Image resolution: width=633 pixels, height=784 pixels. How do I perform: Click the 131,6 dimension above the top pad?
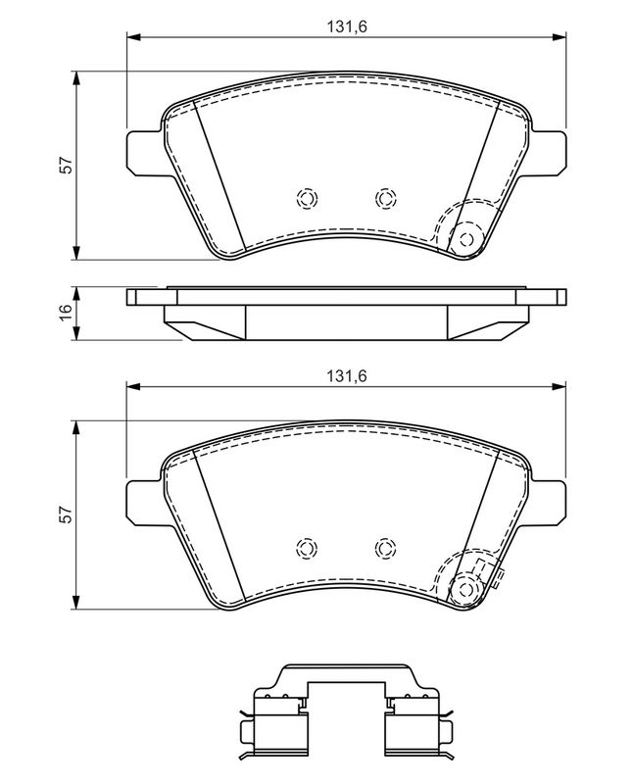click(x=347, y=26)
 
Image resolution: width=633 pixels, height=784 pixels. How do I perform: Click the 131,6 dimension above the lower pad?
click(x=347, y=376)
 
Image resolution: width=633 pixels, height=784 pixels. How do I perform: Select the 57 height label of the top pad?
click(x=66, y=166)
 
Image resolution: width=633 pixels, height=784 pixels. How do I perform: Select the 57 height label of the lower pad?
click(x=66, y=514)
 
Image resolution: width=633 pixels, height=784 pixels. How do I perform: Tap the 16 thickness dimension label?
click(x=66, y=313)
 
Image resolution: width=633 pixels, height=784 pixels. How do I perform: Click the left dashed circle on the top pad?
click(x=307, y=198)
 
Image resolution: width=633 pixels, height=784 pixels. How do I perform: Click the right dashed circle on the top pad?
click(x=385, y=198)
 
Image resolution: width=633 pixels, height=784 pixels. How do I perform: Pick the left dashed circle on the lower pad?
click(x=307, y=548)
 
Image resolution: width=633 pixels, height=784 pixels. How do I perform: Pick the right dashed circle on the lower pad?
click(x=385, y=548)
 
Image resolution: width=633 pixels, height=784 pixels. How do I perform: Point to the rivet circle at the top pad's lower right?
click(x=466, y=239)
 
